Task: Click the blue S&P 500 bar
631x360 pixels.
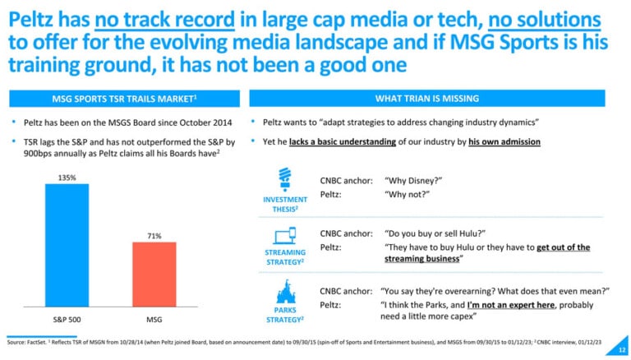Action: tap(67, 245)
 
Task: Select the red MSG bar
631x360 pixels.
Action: tap(154, 275)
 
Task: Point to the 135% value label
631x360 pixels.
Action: tap(67, 178)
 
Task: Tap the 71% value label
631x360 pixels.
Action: tap(154, 236)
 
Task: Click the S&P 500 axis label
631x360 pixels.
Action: tap(67, 320)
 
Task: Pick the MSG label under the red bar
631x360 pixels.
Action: tap(154, 320)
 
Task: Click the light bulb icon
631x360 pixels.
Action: tap(285, 179)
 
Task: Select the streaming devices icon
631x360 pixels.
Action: tap(285, 236)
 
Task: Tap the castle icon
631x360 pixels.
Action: tap(285, 292)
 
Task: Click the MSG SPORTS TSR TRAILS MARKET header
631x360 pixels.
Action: tap(124, 99)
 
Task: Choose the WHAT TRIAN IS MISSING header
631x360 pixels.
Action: tap(427, 99)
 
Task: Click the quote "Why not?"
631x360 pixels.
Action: tap(407, 195)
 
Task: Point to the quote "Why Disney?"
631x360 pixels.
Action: tap(413, 181)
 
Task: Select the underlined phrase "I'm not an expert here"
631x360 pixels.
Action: tap(511, 305)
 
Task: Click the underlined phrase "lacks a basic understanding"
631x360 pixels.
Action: tap(343, 141)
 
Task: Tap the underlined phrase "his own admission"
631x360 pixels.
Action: tap(504, 141)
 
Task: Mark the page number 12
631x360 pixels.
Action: tap(622, 350)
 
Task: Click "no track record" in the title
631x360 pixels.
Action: tap(164, 20)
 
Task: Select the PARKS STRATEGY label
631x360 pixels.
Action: tap(285, 315)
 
